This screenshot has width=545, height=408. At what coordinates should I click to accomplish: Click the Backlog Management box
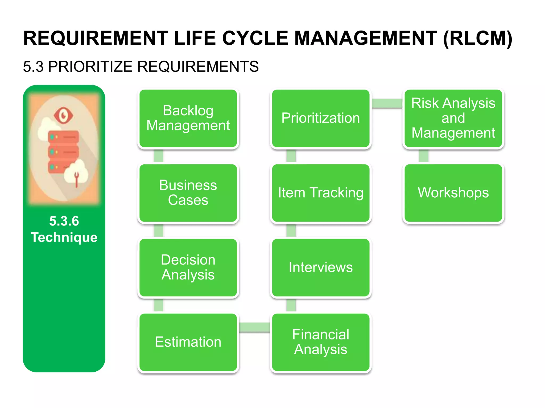pos(188,118)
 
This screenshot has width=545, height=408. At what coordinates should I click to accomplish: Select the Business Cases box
pos(188,193)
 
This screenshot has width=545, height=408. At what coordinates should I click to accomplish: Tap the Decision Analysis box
pos(188,267)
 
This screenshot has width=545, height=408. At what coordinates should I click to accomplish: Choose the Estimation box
pos(188,342)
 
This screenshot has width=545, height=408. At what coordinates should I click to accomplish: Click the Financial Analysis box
pos(320,342)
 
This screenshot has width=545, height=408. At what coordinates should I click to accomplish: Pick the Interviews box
pos(320,267)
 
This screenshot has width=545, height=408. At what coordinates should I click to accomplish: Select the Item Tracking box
pos(320,193)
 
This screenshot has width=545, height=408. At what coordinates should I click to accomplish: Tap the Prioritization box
pos(320,118)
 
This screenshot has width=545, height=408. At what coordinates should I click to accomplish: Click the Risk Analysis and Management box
pos(453,118)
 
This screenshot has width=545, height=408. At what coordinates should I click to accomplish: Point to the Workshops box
pos(453,193)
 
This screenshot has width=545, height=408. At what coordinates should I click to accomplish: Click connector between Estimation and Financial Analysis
pos(254,327)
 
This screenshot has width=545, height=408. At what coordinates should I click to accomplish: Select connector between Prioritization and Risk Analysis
pos(387,103)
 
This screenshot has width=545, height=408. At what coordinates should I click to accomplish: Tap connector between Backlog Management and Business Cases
pos(159,156)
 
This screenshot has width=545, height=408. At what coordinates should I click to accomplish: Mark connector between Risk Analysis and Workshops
pos(423,156)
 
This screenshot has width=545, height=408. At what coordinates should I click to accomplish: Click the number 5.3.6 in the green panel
pos(64,221)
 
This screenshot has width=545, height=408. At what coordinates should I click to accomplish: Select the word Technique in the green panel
pos(64,237)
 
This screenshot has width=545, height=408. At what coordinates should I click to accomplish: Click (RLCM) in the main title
pos(477,39)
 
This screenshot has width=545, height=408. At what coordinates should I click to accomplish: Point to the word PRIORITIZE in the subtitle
pos(90,66)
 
